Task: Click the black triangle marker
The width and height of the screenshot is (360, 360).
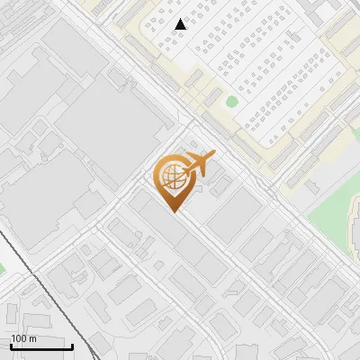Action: (x=181, y=24)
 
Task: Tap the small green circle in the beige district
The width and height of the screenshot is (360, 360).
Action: (x=231, y=102)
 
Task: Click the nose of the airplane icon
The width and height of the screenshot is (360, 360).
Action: (x=213, y=154)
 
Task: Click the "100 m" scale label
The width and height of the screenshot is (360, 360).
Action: (x=23, y=338)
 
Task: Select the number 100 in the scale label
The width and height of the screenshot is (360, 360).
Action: (x=19, y=338)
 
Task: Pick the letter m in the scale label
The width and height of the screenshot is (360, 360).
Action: (x=32, y=338)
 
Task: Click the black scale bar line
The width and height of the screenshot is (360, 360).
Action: (x=40, y=346)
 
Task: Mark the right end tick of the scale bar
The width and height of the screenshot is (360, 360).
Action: (x=72, y=345)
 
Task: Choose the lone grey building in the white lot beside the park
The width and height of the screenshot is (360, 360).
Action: (x=312, y=186)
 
